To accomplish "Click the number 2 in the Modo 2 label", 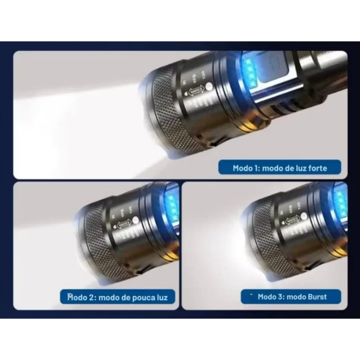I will (92, 297).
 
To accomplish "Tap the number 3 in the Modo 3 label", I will (282, 297).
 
